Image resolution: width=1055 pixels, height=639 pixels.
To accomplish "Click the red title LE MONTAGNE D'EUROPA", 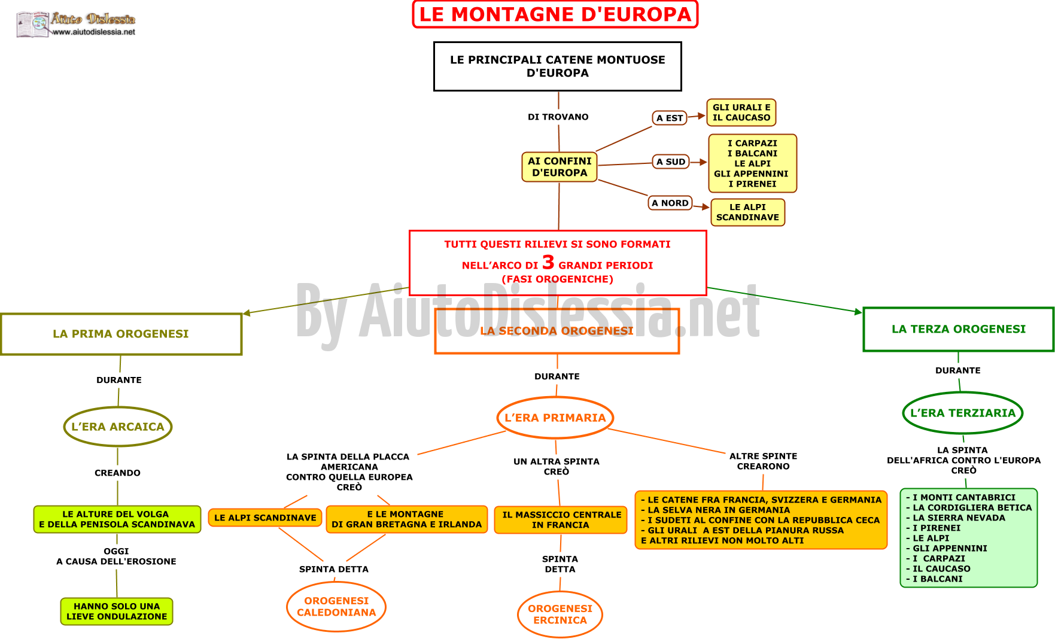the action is click(x=555, y=14).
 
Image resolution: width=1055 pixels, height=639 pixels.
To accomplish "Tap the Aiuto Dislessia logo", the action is click(x=75, y=24).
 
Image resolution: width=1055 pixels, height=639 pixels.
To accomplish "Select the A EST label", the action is click(x=669, y=118).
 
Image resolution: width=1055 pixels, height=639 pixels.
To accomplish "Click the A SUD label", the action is click(x=670, y=162).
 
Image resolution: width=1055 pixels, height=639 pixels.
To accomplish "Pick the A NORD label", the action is click(x=670, y=203).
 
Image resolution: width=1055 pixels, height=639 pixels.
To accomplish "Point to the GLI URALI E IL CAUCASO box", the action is click(x=741, y=112).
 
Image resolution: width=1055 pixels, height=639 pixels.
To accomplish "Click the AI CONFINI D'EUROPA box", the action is click(x=560, y=167).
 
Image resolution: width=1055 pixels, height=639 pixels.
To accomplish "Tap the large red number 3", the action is click(x=548, y=262).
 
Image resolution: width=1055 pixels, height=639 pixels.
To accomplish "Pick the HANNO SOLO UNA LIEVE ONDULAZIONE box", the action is click(x=117, y=611).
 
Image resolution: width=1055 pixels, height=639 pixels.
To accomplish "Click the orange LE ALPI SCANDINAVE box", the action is click(x=265, y=518).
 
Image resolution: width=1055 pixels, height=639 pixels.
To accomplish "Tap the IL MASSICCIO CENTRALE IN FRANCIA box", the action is click(x=561, y=519).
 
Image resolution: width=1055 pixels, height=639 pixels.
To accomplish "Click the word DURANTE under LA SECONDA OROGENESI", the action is click(x=557, y=376).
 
